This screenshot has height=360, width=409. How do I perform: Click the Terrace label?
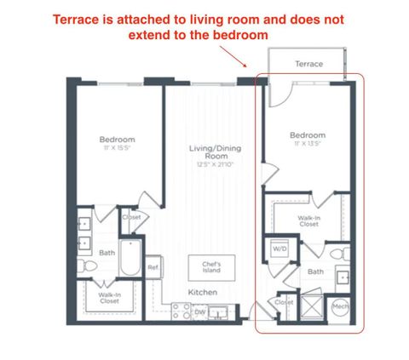click(x=308, y=64)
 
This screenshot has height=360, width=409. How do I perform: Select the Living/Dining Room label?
click(x=210, y=152)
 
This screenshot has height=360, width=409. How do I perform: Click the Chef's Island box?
click(x=211, y=267)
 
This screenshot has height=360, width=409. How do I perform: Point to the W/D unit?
click(x=280, y=249)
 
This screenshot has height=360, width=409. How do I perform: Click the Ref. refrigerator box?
click(x=154, y=267)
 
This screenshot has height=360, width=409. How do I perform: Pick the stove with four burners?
click(x=181, y=312)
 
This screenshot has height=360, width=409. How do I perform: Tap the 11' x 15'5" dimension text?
click(x=116, y=148)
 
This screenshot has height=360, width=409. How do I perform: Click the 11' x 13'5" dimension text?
click(x=306, y=143)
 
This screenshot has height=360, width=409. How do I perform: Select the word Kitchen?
click(x=203, y=293)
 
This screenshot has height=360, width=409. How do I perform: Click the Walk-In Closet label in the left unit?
click(x=107, y=297)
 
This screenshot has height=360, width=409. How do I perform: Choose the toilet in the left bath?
click(x=87, y=267)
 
